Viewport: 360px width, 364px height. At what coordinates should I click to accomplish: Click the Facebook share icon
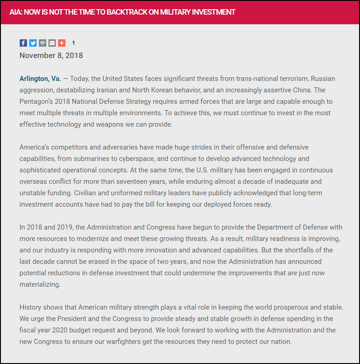point(23,43)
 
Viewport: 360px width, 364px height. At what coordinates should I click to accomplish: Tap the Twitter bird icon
point(33,43)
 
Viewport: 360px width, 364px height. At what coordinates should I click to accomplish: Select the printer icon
point(43,43)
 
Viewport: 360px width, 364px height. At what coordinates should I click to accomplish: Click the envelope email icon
point(52,43)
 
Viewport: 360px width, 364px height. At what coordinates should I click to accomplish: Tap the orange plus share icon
point(62,43)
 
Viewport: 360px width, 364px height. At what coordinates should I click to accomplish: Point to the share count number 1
point(74,43)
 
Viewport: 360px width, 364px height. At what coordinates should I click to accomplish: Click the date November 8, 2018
point(51,55)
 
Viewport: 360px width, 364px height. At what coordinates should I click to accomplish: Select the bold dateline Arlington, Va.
point(40,79)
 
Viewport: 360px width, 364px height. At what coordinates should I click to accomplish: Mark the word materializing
point(39,284)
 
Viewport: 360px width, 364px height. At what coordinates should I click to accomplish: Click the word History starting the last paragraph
point(31,307)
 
